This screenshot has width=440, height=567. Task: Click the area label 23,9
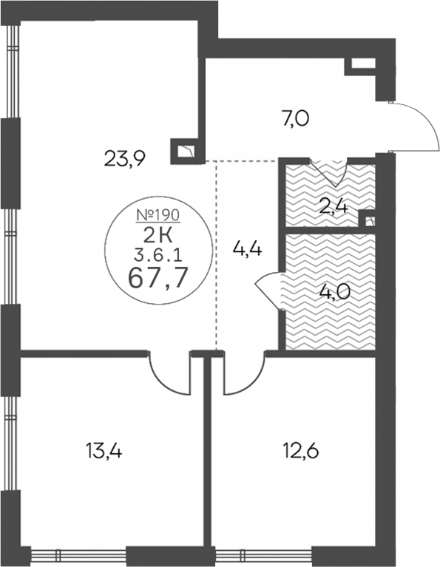tap(124, 158)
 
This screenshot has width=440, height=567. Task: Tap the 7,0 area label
tap(295, 119)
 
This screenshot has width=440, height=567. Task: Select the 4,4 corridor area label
tap(248, 249)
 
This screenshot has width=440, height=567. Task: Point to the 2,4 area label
tap(334, 208)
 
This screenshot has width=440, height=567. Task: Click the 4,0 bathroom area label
tap(335, 292)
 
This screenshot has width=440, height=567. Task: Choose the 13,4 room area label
tap(104, 451)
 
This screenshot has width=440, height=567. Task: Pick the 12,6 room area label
tap(301, 451)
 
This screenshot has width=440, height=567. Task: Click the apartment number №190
tap(158, 215)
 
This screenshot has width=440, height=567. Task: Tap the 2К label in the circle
tap(158, 237)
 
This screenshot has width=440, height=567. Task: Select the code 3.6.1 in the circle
tap(158, 257)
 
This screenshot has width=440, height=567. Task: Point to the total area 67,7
tap(158, 279)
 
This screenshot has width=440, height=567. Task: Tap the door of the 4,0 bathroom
tap(268, 289)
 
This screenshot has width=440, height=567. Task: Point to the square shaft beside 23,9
tap(185, 151)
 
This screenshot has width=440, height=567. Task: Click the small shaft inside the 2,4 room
tap(368, 220)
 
